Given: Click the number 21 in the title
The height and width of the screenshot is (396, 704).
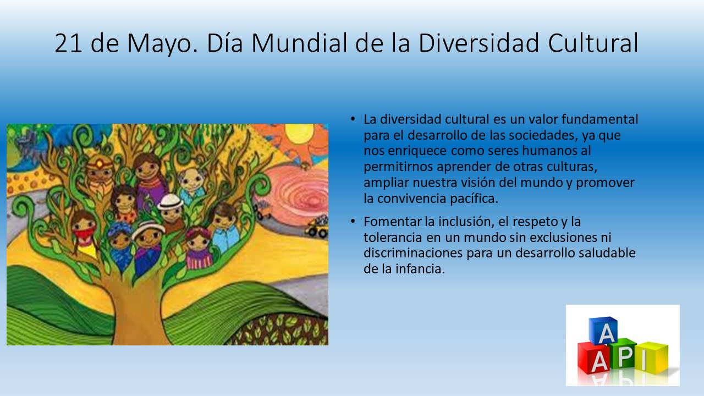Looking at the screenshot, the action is (x=68, y=43).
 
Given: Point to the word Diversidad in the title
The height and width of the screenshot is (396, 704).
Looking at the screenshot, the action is (x=479, y=43).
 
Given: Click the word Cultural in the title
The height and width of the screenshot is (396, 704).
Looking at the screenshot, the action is (x=593, y=43).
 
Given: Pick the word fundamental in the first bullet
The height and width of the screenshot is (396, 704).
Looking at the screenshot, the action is (x=599, y=119).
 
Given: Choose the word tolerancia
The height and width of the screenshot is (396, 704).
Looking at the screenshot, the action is (x=393, y=237).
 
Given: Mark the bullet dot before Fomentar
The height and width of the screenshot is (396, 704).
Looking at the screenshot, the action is (x=353, y=222).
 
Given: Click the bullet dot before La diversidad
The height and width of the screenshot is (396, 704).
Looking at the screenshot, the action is (x=353, y=119).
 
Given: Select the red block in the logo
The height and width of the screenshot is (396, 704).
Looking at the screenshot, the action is (x=593, y=358).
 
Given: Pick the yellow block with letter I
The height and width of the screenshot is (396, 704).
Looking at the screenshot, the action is (x=651, y=358).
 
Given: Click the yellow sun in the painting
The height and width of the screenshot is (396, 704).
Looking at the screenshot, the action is (x=299, y=132).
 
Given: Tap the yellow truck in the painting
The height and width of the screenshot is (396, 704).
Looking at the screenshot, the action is (x=317, y=227).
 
